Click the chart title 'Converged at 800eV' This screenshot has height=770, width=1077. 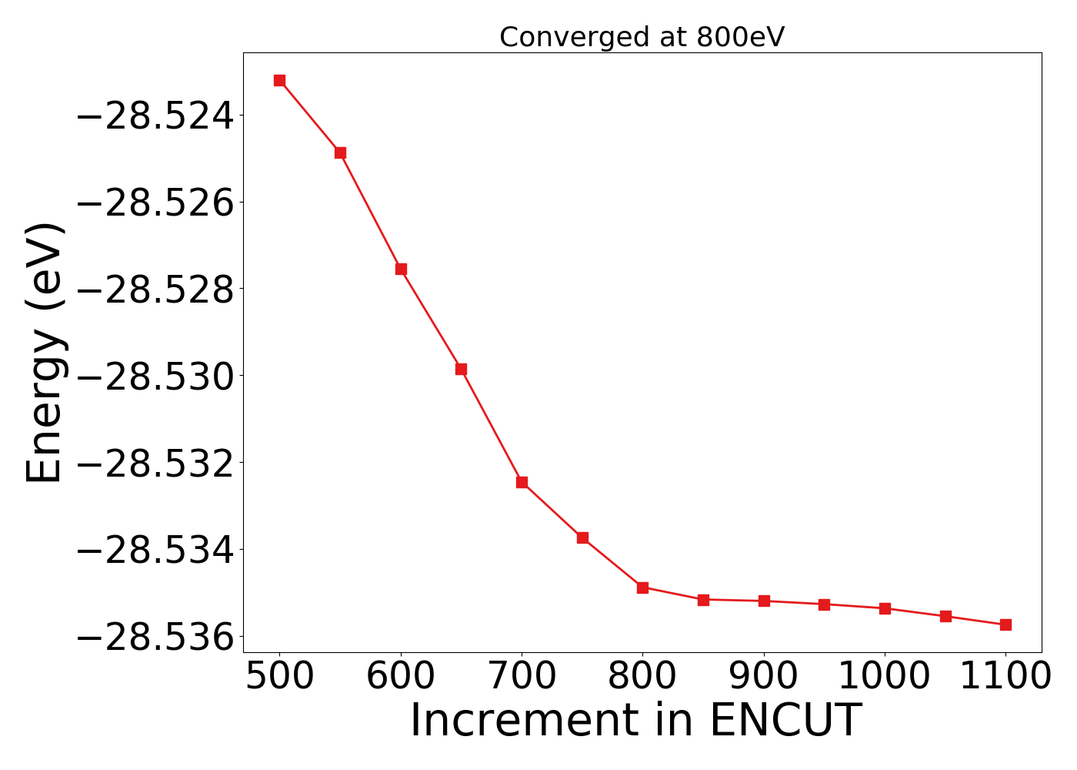tap(642, 37)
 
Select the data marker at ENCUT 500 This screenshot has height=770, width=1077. tap(279, 80)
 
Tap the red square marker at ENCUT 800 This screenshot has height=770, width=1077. tap(642, 588)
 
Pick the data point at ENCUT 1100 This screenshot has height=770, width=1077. tap(1005, 624)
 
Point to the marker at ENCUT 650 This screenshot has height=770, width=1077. tap(461, 369)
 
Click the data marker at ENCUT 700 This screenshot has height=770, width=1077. tap(522, 482)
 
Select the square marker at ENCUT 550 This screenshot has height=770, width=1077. tap(340, 152)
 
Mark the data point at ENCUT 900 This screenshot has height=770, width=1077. tap(764, 601)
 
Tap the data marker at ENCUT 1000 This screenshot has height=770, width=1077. tap(885, 608)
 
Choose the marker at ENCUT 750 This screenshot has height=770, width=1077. tap(582, 537)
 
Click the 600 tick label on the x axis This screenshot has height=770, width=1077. tap(400, 676)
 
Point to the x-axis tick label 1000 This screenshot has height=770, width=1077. tap(884, 676)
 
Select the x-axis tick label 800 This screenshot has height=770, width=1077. tap(642, 676)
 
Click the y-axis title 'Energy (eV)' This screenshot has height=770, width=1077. tap(45, 353)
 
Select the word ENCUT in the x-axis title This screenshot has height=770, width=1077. tap(784, 721)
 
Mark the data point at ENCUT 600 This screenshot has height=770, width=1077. tap(401, 269)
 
